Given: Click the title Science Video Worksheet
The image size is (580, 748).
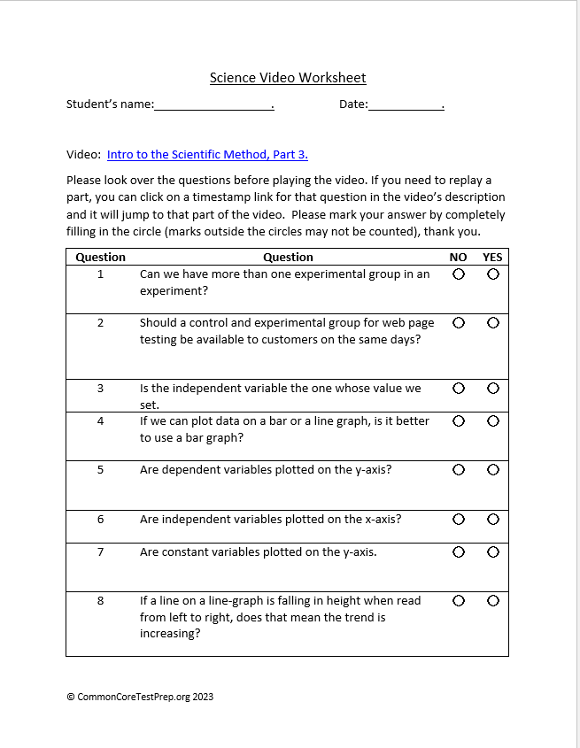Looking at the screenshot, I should [x=288, y=78].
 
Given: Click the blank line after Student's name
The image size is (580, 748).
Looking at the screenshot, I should [x=213, y=105].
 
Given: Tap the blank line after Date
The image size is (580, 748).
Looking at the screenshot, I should [x=405, y=105].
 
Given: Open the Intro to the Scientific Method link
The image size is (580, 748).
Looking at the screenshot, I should [x=207, y=154].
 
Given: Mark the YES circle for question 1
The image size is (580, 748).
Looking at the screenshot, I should [x=492, y=274].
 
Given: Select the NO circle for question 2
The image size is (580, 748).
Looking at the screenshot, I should [x=459, y=323].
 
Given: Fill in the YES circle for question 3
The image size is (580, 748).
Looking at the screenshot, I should [x=492, y=389].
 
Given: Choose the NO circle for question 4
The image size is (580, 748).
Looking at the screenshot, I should [x=459, y=421].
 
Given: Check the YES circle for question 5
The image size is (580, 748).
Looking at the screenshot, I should [x=492, y=470].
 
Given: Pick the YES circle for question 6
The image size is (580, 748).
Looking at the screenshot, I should [x=492, y=520].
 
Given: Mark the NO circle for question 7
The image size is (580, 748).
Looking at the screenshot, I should [x=459, y=552].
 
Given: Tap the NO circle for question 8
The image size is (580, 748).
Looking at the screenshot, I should [x=459, y=601].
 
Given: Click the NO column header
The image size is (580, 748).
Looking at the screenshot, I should [x=458, y=258].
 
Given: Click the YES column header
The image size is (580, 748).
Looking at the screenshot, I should [x=492, y=258].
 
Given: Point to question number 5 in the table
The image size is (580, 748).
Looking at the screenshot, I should [x=100, y=470].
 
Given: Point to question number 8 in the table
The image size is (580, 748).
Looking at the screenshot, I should [x=100, y=601].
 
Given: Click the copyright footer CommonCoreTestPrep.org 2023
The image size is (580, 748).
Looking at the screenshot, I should [x=140, y=697].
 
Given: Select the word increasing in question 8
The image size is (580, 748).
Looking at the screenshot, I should [x=169, y=634].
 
